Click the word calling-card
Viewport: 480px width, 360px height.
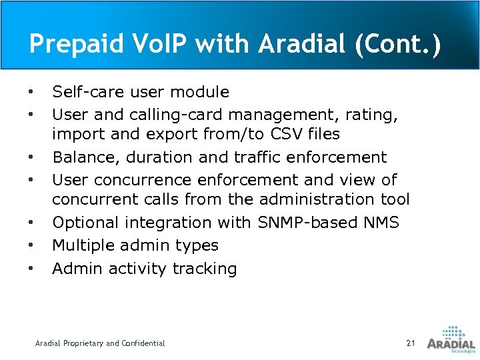click(174, 115)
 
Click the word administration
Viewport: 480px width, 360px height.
click(315, 199)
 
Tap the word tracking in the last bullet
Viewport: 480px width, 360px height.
click(205, 269)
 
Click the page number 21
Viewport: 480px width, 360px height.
click(410, 343)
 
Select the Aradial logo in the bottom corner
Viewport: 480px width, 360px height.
click(451, 339)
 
